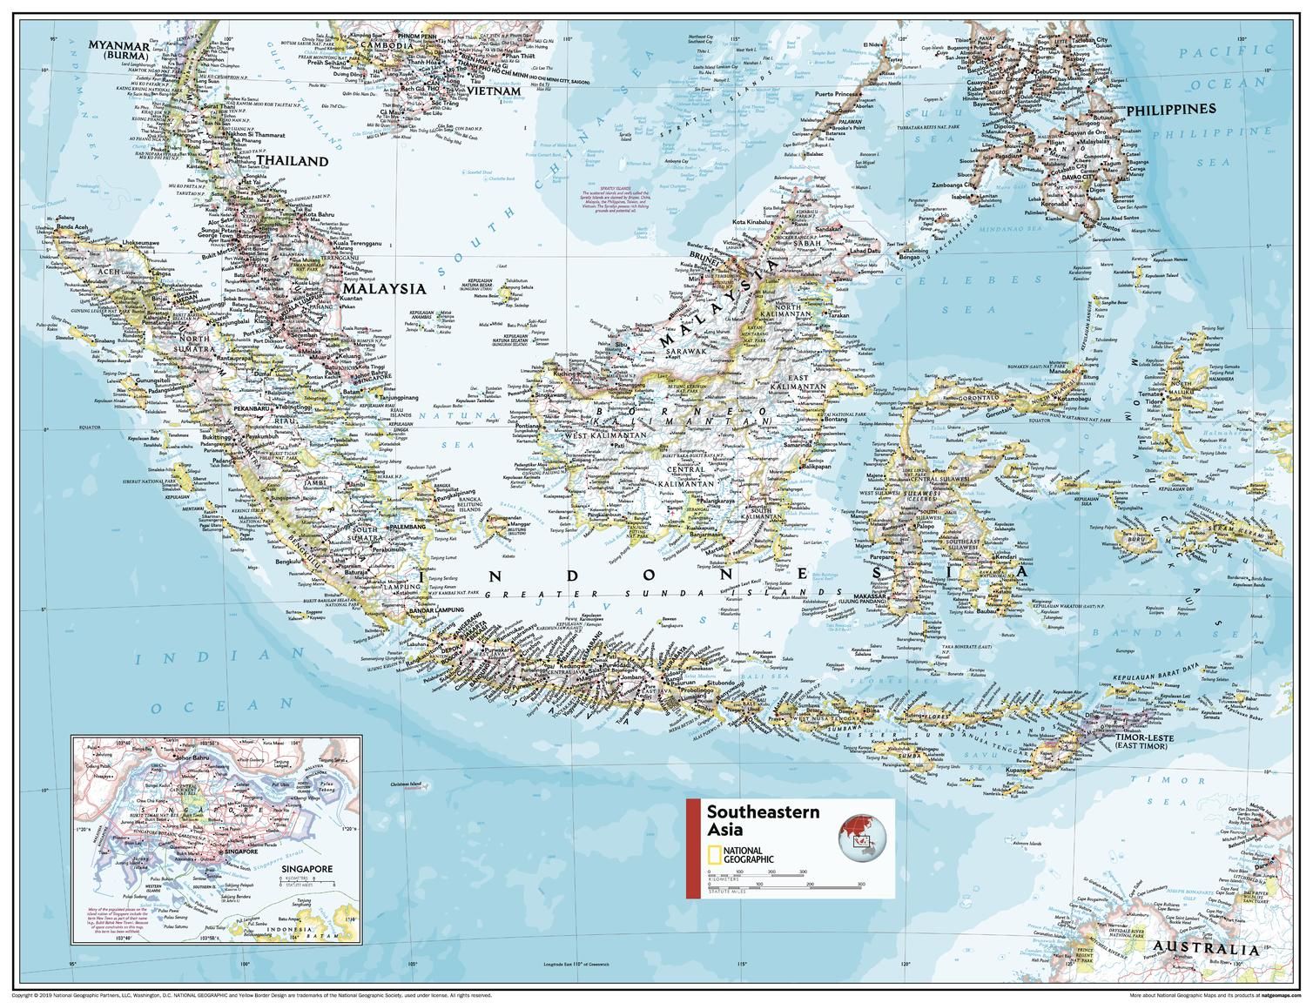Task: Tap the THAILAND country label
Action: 293,161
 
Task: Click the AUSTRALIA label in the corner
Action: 1203,950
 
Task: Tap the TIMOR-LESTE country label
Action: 1143,742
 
